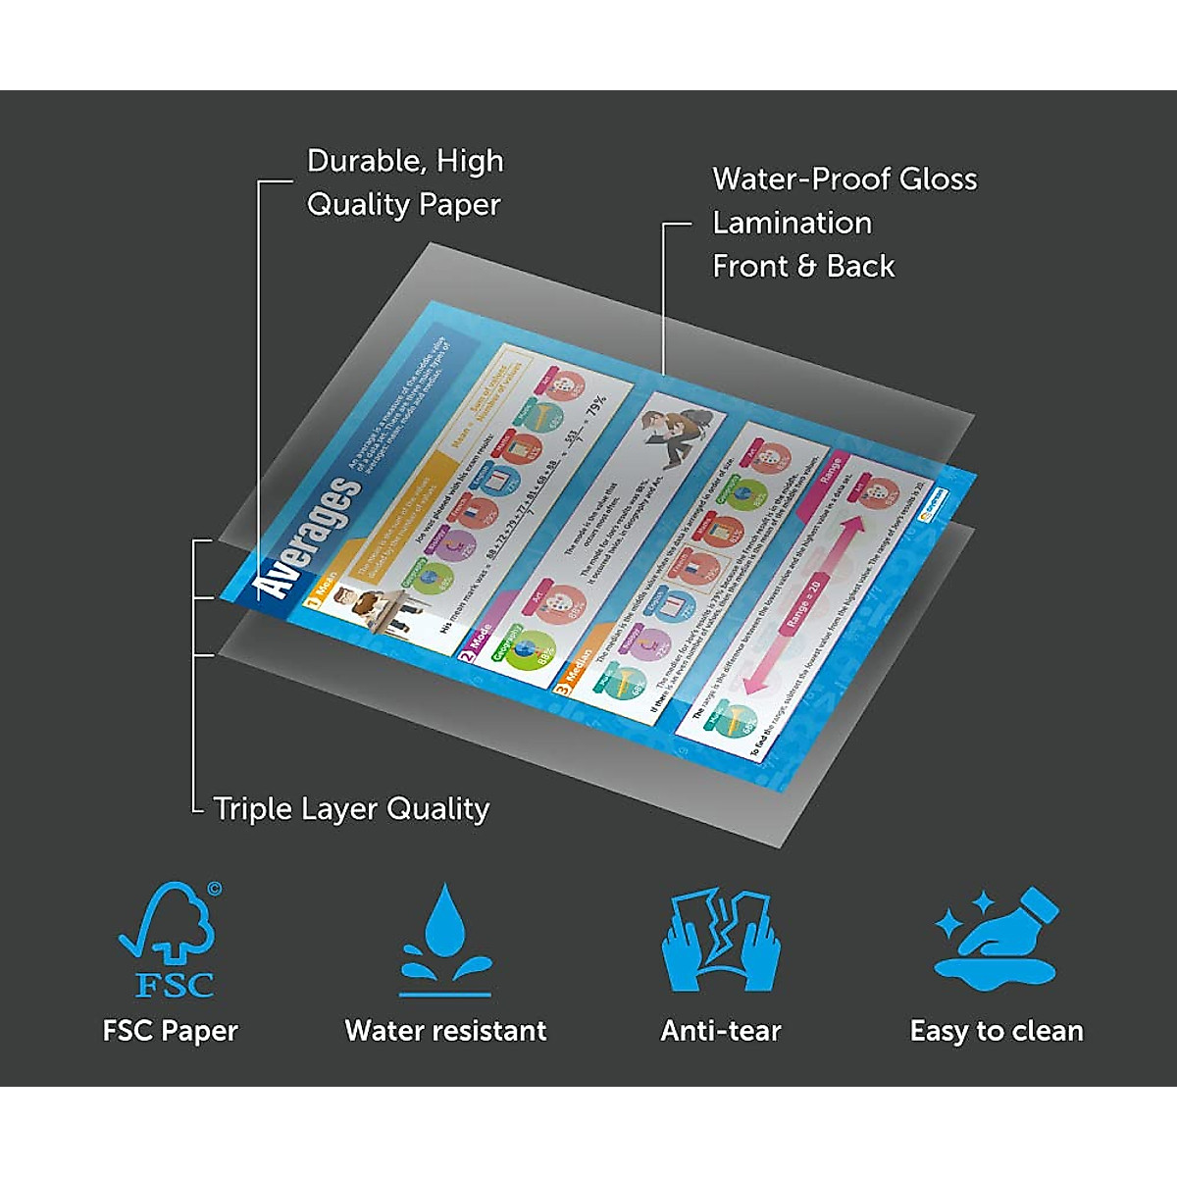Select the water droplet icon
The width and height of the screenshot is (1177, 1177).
click(446, 939)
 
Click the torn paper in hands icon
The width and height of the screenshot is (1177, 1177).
click(721, 940)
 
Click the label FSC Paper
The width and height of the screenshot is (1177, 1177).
click(171, 1031)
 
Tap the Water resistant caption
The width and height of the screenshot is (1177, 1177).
click(446, 1031)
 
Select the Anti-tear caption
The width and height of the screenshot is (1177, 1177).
click(721, 1031)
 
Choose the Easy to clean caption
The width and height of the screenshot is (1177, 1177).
click(997, 1031)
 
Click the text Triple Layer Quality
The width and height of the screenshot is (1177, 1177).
click(351, 809)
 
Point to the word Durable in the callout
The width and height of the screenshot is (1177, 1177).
click(359, 161)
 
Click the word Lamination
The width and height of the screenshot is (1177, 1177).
click(792, 223)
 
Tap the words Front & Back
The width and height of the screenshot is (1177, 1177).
click(803, 266)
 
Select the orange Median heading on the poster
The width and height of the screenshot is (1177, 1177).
click(574, 670)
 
